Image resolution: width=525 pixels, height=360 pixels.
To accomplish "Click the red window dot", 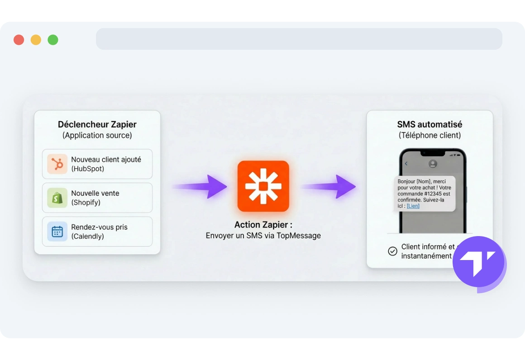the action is coord(19,40).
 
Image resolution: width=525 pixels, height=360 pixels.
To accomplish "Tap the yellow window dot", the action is coord(36,40).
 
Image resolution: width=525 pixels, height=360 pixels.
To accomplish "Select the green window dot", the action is coord(53,40).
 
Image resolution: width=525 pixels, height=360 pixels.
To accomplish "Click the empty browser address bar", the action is coord(299,39).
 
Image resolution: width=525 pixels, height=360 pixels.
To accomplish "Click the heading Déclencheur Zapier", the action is coord(97,124).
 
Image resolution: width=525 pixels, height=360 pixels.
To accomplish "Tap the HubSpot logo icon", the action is coord(57,164).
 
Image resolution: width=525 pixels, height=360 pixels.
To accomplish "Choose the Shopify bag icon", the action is coord(57,198).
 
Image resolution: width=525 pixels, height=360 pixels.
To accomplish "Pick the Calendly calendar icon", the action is coord(57,232).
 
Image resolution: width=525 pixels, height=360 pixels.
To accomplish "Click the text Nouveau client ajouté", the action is coord(106,159).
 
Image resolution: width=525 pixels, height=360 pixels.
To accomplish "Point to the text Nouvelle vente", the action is coord(95,193).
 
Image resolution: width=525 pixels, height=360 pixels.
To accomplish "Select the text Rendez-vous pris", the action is coord(99,227).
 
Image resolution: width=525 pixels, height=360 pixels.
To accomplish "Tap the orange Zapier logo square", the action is coord(263,186).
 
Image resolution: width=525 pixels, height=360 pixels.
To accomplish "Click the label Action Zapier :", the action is coord(263,225).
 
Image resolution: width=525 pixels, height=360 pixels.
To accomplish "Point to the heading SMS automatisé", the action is coord(430,124).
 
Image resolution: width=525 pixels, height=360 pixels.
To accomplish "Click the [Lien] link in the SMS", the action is coord(413,206).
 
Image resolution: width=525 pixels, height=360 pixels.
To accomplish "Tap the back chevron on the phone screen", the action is coord(406,164).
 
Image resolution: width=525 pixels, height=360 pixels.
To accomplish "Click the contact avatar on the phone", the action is coord(433,164).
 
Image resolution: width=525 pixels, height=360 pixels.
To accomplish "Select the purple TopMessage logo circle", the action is coord(478,262).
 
